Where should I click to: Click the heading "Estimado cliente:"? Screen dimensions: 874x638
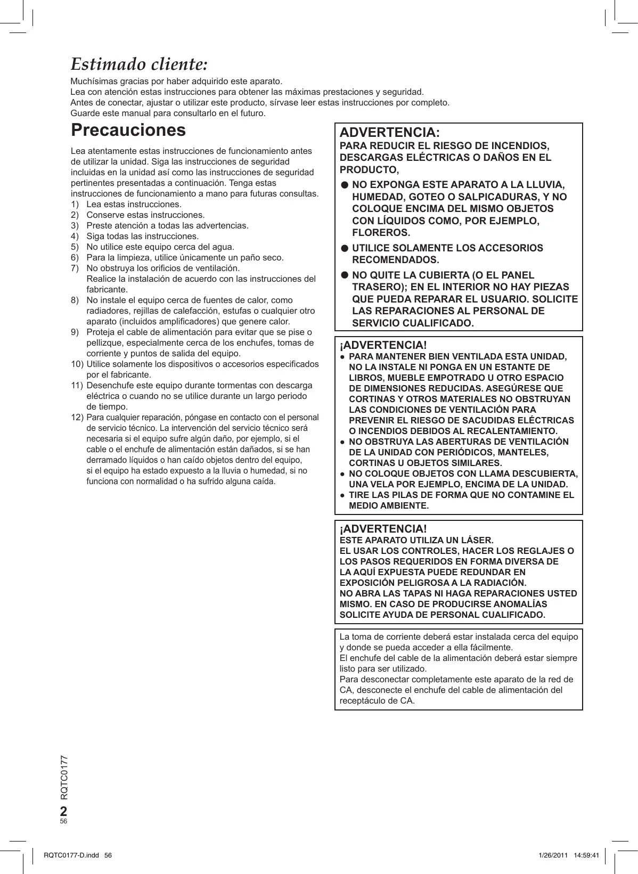[139, 64]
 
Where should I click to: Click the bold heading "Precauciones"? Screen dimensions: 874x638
[128, 130]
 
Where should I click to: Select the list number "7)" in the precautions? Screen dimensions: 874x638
[75, 268]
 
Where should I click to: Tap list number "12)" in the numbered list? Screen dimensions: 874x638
[77, 418]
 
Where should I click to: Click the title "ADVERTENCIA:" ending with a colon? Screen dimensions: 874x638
[390, 133]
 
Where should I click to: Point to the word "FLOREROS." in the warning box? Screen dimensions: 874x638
[381, 233]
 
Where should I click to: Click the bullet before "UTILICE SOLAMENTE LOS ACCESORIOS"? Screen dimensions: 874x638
[345, 248]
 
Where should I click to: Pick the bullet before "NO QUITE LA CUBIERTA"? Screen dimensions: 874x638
[345, 275]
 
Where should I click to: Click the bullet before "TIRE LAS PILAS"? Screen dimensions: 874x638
[342, 495]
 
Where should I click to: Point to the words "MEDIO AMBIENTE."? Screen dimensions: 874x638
[389, 506]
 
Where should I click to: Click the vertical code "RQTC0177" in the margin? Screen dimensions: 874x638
[64, 777]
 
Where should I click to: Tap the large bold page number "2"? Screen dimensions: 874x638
[64, 811]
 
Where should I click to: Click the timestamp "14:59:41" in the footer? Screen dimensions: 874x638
[586, 855]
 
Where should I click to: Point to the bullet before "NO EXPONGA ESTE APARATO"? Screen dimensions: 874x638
[345, 185]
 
